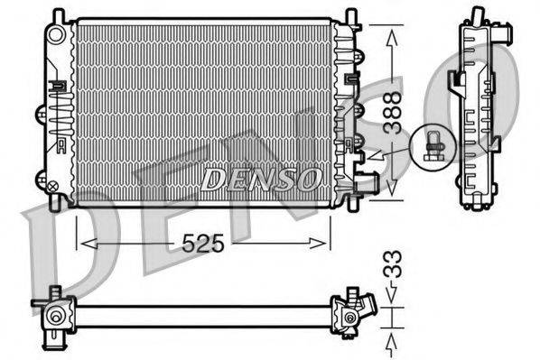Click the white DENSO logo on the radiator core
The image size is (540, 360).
click(258, 180)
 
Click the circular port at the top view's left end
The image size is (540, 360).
click(56, 317)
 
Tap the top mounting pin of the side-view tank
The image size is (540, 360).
click(474, 15)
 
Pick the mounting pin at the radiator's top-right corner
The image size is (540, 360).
click(349, 17)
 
